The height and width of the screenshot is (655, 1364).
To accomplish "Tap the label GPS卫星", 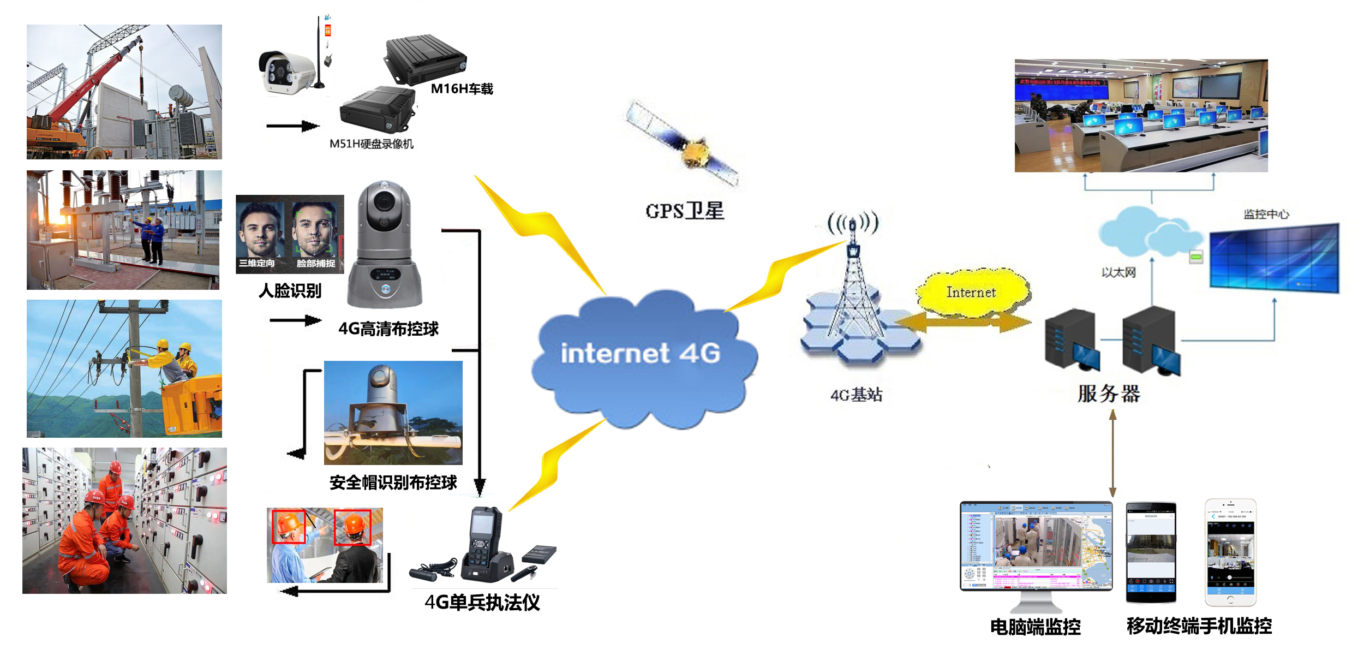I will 685,211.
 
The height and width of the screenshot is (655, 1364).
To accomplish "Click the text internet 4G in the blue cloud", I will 641,353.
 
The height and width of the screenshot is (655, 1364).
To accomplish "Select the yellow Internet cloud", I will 972,293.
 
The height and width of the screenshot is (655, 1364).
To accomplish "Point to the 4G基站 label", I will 856,395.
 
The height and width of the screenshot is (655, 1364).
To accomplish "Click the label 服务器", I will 1109,394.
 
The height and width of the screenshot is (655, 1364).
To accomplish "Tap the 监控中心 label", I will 1266,214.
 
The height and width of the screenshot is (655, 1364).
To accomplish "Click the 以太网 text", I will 1118,272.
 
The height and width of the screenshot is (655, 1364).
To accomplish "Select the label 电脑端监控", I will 1035,627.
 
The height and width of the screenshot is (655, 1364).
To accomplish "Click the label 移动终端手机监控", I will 1199,626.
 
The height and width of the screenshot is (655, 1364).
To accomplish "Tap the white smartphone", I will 1230,552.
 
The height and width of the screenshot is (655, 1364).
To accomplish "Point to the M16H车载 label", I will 462,89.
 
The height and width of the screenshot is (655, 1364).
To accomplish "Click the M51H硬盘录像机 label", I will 372,144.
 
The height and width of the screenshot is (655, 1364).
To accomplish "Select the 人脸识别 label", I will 290,290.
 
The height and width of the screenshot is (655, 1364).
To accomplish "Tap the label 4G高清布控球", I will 388,329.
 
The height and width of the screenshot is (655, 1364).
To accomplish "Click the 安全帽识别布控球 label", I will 393,483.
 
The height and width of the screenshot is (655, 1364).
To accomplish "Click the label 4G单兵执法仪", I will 482,603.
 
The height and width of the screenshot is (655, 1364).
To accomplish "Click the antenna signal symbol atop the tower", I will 853,223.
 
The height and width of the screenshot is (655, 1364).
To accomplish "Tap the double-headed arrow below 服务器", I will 1112,453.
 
